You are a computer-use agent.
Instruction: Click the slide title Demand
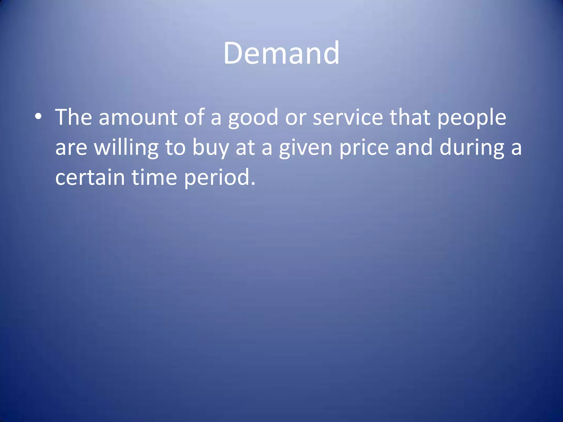pyautogui.click(x=281, y=53)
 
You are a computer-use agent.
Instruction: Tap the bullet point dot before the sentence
pyautogui.click(x=38, y=117)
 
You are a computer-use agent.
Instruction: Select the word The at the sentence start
pyautogui.click(x=73, y=117)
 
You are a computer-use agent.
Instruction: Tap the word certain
pyautogui.click(x=90, y=177)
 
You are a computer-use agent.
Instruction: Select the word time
pyautogui.click(x=154, y=177)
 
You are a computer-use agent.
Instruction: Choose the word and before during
pyautogui.click(x=414, y=148)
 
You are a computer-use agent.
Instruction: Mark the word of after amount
pyautogui.click(x=194, y=117)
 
